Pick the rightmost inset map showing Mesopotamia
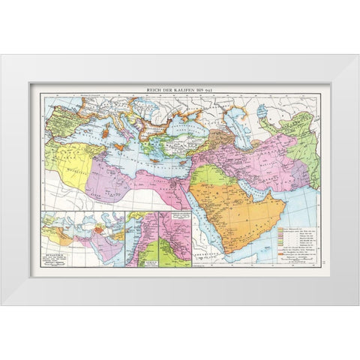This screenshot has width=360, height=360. click(x=173, y=239)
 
